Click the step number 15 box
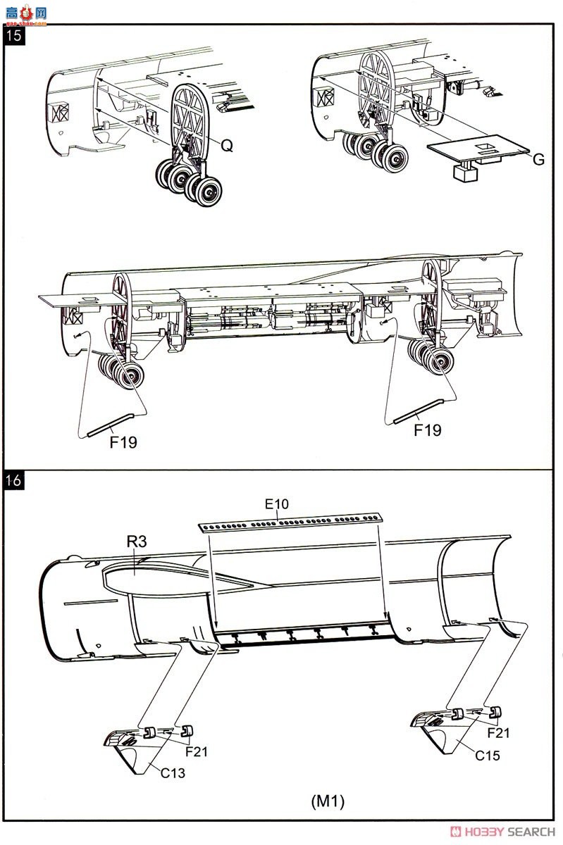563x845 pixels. coord(14,35)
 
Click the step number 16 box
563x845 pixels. coord(14,480)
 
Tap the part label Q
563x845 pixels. coord(227,145)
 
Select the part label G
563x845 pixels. coord(538,160)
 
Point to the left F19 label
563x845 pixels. coord(123,442)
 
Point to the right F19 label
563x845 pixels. coord(428,430)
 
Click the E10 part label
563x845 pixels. coord(277,504)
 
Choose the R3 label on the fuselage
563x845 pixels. coord(136,542)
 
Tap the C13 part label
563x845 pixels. coord(173,773)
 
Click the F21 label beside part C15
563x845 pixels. coord(498,733)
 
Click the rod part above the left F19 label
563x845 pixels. coord(110,425)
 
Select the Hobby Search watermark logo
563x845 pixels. coord(502,832)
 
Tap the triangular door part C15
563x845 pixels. coord(443,732)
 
